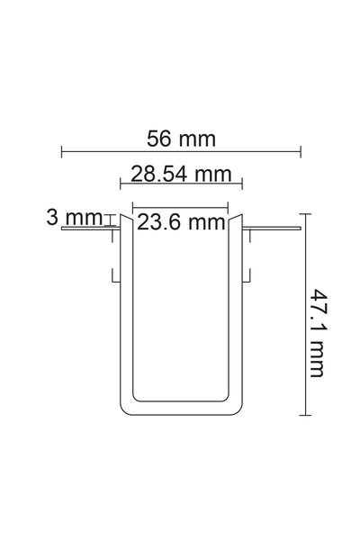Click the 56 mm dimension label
click(181, 139)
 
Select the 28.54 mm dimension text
click(181, 174)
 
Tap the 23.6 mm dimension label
click(181, 222)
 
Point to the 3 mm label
click(75, 218)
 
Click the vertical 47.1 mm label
click(318, 333)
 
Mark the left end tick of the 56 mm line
click(62, 151)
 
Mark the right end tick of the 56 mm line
click(301, 151)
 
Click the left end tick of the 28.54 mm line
click(121, 184)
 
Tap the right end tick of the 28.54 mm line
click(242, 184)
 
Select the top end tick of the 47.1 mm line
click(305, 214)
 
